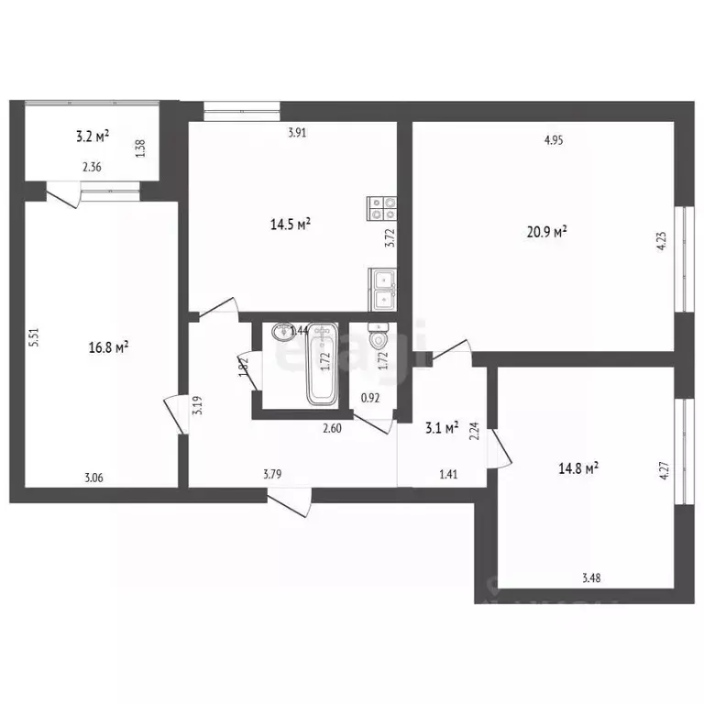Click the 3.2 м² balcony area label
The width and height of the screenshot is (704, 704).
click(92, 137)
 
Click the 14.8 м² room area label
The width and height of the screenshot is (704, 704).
click(578, 468)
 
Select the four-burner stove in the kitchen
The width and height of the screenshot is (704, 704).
click(381, 209)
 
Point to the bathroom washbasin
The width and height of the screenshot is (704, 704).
click(280, 333)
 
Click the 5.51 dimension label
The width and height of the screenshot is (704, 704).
click(33, 337)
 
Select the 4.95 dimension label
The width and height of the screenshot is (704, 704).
click(553, 140)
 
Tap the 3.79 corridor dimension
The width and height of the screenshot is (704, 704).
click(272, 474)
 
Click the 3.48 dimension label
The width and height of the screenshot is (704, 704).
click(591, 577)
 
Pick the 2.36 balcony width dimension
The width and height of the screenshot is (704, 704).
click(92, 167)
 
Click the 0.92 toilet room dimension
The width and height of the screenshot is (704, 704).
click(370, 398)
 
